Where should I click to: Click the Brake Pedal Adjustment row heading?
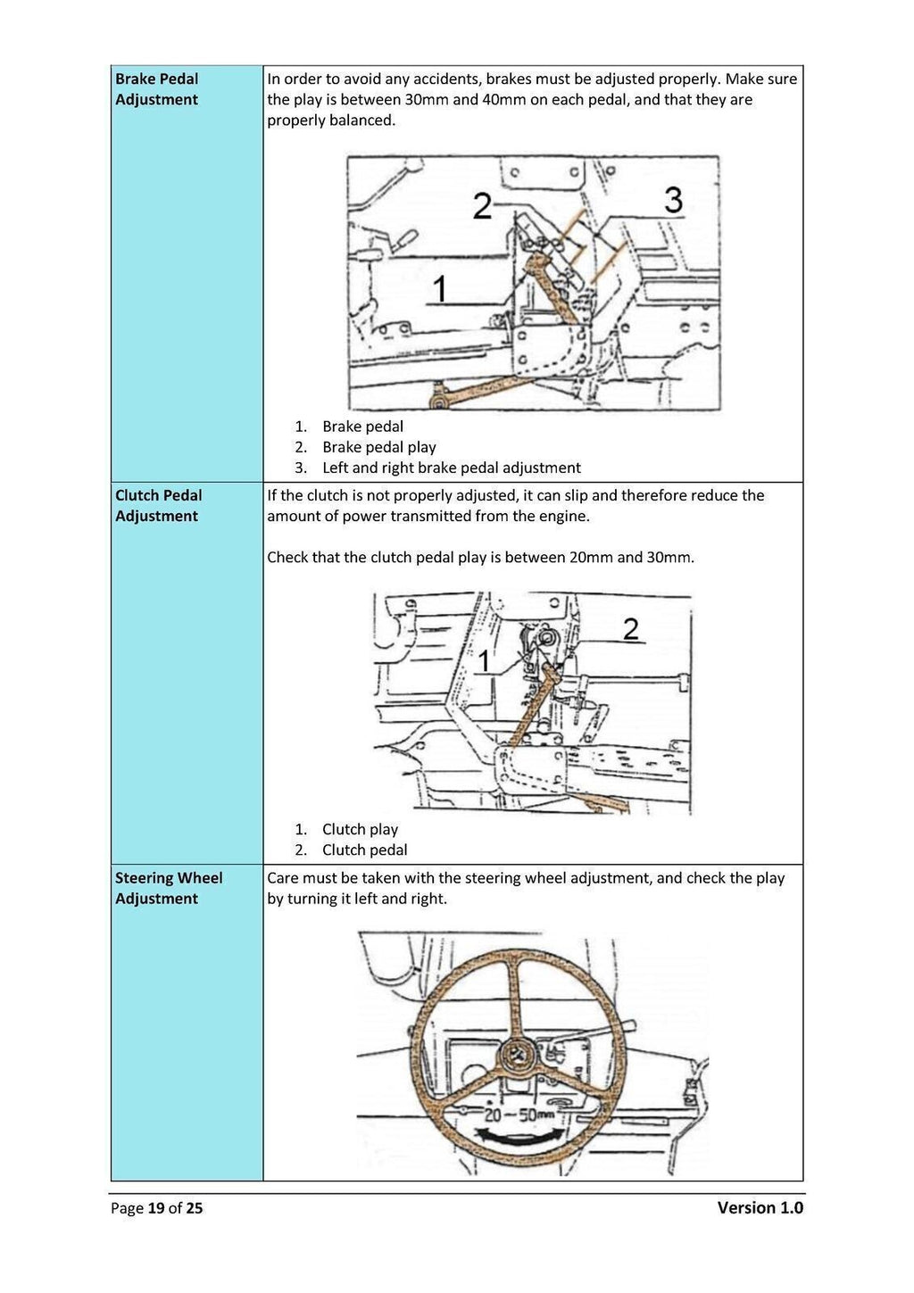tap(157, 89)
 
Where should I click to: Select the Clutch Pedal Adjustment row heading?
tap(158, 506)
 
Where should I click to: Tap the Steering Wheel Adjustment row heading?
tap(168, 888)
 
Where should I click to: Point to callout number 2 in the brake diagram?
tap(482, 207)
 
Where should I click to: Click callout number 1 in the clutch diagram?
tap(485, 661)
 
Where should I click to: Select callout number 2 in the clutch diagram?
tap(631, 629)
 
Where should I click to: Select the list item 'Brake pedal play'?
tap(378, 447)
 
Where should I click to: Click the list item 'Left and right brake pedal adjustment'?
tap(451, 468)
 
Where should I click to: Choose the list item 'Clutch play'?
tap(360, 829)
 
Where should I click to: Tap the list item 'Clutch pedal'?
tap(364, 850)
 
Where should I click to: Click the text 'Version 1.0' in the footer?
tap(760, 1208)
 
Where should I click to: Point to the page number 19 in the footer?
tap(156, 1208)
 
